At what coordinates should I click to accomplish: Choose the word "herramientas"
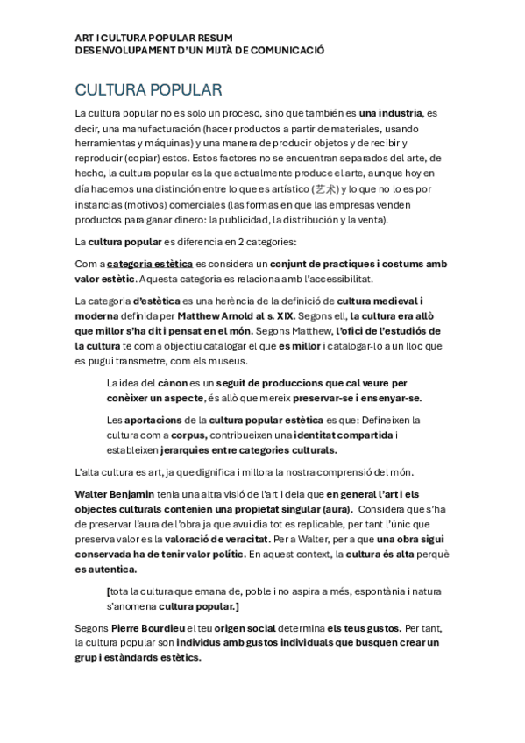[x=103, y=143]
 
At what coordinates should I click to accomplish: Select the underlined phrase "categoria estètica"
[x=149, y=263]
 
